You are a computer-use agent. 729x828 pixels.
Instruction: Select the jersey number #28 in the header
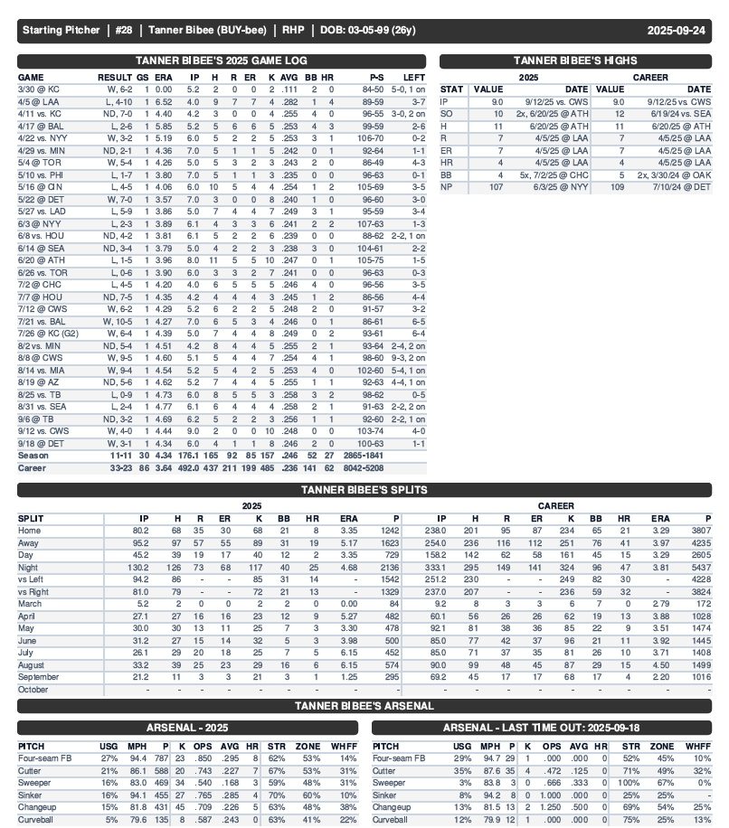click(x=124, y=31)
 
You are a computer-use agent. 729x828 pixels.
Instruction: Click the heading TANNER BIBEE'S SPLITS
click(x=364, y=490)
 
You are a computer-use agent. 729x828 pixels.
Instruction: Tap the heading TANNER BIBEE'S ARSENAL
click(x=364, y=705)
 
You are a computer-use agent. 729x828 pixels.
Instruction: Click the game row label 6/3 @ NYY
click(x=37, y=222)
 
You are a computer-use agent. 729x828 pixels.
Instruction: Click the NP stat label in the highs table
click(x=447, y=186)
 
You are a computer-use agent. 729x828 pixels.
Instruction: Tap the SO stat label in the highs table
click(x=447, y=114)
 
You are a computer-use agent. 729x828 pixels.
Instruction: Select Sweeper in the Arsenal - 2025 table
click(x=35, y=782)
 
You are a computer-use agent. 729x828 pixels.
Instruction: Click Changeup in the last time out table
click(x=393, y=806)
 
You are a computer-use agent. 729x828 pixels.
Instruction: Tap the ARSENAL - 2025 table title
click(x=186, y=727)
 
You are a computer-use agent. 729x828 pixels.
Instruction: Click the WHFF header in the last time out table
click(x=701, y=746)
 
